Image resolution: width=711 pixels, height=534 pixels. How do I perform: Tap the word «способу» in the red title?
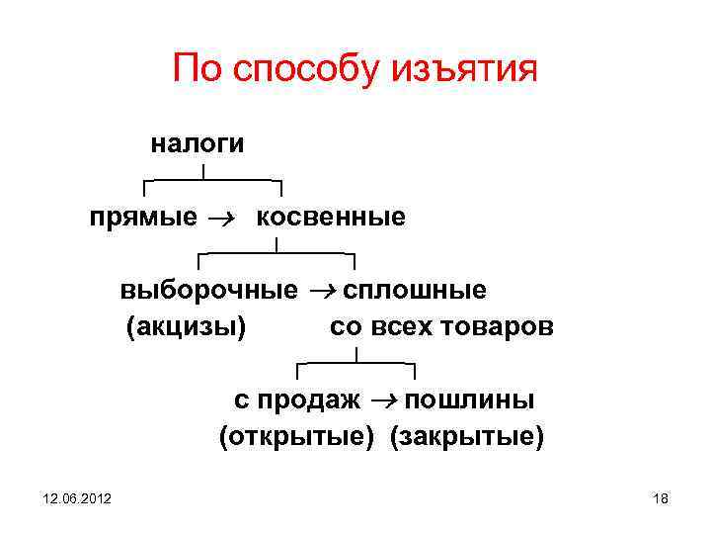tap(294, 71)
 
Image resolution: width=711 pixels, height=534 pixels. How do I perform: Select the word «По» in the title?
tap(194, 69)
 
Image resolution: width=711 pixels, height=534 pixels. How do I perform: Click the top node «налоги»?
tap(197, 143)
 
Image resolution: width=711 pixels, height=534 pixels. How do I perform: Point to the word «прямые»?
tap(142, 218)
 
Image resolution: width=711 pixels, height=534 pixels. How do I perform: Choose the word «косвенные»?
tap(331, 217)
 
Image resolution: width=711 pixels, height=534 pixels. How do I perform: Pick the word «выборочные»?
tap(208, 291)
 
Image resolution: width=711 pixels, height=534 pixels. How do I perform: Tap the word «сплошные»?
tap(414, 291)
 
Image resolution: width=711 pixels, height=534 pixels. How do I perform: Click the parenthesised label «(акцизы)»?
tap(186, 326)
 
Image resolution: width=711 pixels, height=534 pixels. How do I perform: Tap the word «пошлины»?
tap(470, 400)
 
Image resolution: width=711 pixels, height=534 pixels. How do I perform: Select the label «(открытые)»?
tap(296, 436)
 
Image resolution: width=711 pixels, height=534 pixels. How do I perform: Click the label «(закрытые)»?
tap(466, 436)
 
